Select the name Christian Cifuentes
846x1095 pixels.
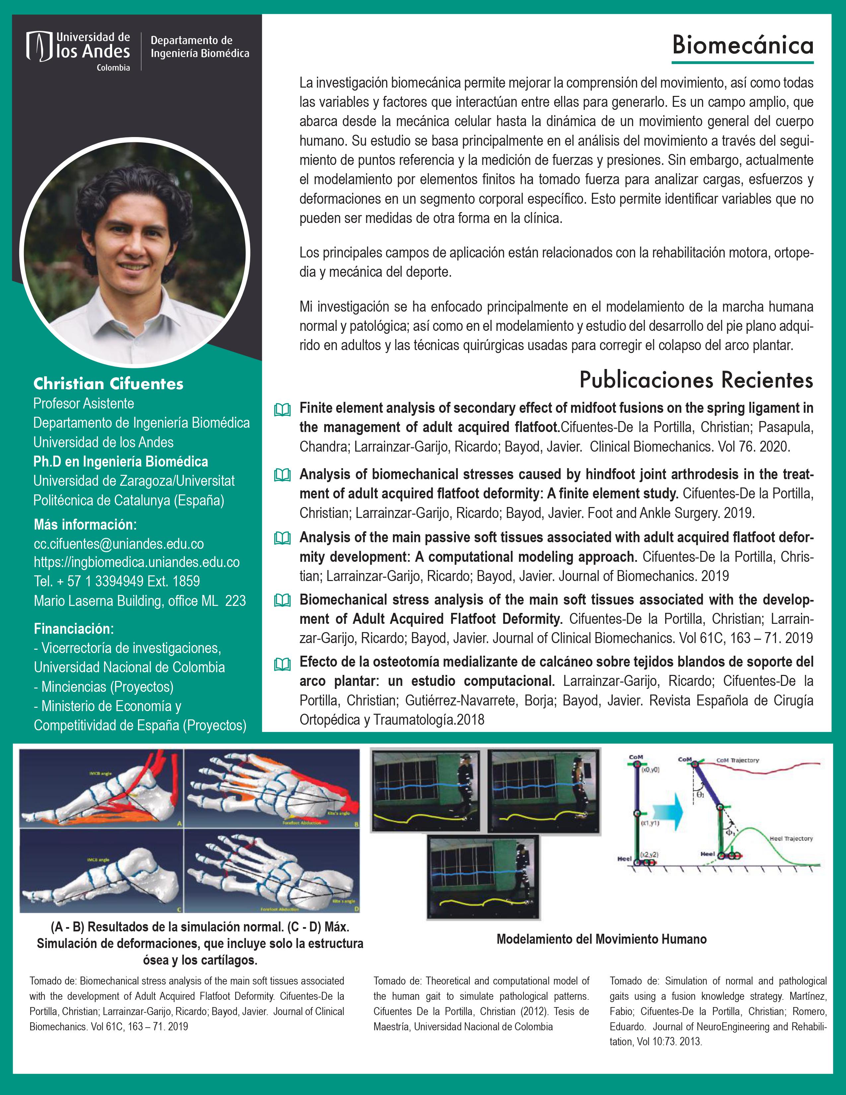tap(108, 384)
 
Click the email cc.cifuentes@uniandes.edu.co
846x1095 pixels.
tap(119, 544)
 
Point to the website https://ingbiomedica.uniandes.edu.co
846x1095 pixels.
tap(136, 562)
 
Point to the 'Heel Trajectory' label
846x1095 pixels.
tap(791, 838)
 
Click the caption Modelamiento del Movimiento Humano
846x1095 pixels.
tap(601, 939)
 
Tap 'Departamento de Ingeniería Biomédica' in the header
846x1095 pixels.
tap(199, 47)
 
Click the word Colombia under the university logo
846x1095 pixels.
tap(113, 68)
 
